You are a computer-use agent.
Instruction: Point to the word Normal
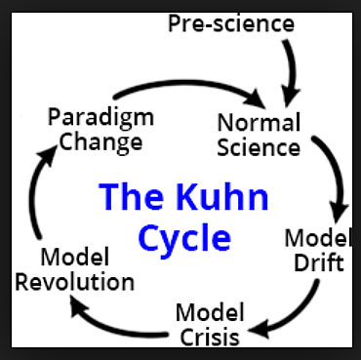[257, 125]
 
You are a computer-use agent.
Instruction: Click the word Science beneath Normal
[260, 147]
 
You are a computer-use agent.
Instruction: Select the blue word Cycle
[183, 237]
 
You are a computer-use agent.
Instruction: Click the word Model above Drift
[314, 238]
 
